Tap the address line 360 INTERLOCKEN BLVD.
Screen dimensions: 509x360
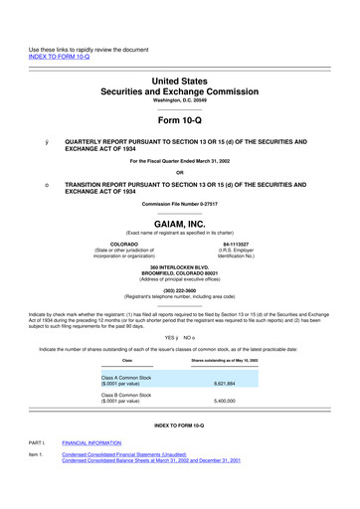pos(179,271)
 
